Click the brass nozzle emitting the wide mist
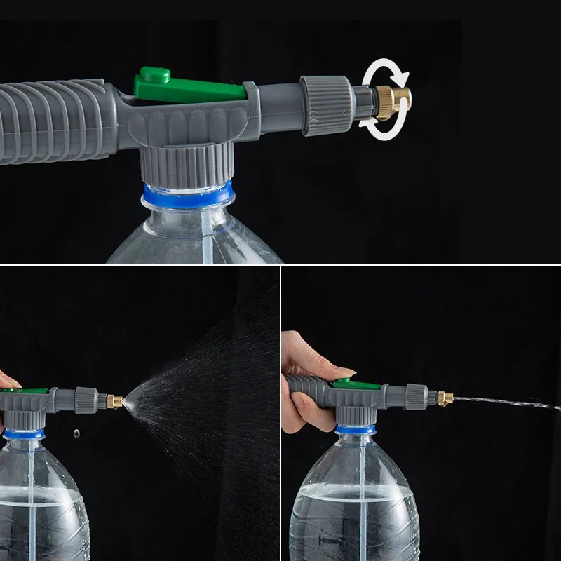115,402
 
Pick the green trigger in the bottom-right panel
342,383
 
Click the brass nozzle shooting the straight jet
445,399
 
